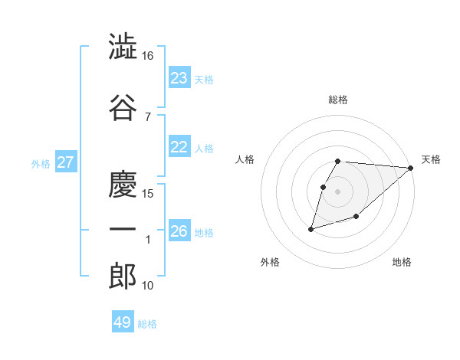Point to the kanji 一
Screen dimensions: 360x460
pyautogui.click(x=123, y=230)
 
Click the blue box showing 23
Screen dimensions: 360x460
pyautogui.click(x=179, y=78)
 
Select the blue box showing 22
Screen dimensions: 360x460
pyautogui.click(x=179, y=147)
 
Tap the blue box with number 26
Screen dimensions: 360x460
pyautogui.click(x=179, y=231)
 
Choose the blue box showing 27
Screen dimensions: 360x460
pyautogui.click(x=66, y=162)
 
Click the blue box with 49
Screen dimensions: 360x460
pyautogui.click(x=123, y=322)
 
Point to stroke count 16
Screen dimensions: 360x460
pyautogui.click(x=148, y=56)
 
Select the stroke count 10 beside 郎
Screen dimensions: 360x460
pyautogui.click(x=148, y=286)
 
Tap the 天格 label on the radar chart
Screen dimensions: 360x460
pyautogui.click(x=431, y=159)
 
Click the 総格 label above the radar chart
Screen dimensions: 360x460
pyautogui.click(x=338, y=100)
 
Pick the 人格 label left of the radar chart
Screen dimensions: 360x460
pyautogui.click(x=245, y=159)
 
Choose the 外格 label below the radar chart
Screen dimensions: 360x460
pyautogui.click(x=270, y=263)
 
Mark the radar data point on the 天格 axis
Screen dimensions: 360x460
pyautogui.click(x=411, y=168)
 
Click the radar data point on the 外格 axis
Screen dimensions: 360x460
pyautogui.click(x=311, y=229)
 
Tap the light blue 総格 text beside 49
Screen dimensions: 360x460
pyautogui.click(x=147, y=324)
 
